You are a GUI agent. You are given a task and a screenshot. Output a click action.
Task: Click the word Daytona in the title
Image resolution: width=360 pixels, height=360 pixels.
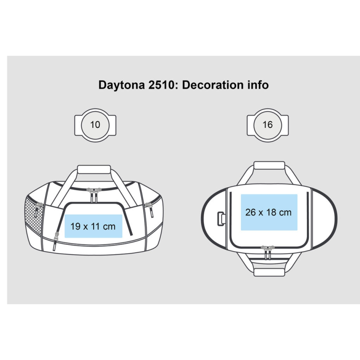click(121, 85)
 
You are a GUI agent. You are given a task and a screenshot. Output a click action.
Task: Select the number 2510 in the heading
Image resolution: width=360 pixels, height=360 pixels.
click(162, 85)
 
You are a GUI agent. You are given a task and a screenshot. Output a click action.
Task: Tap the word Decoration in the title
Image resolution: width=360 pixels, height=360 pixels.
click(213, 85)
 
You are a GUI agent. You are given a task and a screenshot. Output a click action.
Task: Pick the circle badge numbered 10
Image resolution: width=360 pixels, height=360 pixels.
click(95, 125)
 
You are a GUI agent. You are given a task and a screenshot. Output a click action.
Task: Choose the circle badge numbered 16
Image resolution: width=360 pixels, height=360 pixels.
click(268, 125)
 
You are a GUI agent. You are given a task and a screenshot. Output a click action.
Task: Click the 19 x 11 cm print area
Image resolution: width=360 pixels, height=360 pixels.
click(93, 226)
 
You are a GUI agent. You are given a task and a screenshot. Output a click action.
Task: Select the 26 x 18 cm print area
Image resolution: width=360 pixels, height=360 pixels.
click(269, 212)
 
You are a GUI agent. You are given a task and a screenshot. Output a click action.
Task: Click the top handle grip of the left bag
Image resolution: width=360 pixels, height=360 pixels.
click(94, 170)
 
